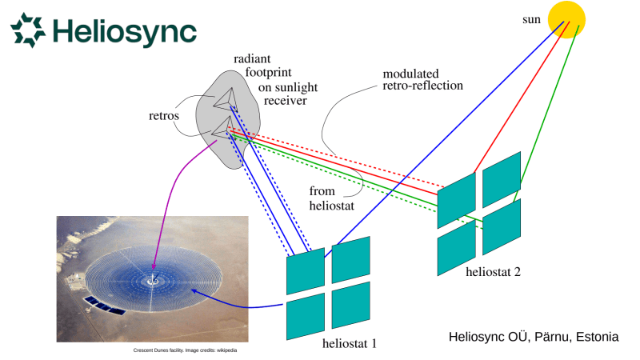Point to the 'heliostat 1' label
pos(345,343)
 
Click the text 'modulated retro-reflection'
pos(422,78)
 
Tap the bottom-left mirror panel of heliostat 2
pos(457,245)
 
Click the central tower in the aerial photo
pos(151,280)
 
